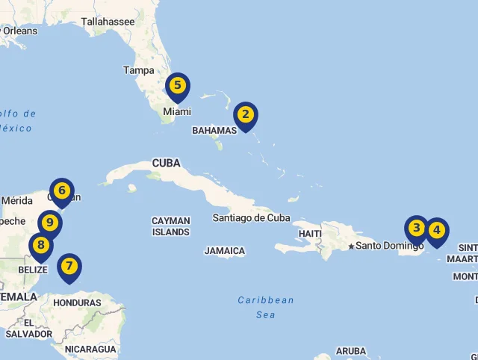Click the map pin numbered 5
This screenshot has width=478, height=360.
(178, 86)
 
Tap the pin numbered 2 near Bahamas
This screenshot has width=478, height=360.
(245, 116)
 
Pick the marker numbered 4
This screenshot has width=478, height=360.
(436, 231)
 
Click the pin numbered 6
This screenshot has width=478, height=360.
(62, 191)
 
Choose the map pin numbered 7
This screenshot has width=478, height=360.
(69, 266)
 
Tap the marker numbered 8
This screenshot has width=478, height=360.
(40, 245)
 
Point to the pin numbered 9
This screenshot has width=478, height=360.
(50, 223)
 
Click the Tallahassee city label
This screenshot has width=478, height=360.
(108, 22)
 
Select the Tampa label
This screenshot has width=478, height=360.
(138, 70)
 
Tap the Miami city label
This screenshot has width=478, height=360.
(177, 111)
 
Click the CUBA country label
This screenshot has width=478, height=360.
(166, 163)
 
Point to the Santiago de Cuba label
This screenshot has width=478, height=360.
(251, 218)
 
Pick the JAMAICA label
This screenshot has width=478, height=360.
(224, 251)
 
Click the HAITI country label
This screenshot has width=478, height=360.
(310, 233)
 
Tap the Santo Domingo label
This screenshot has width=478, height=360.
(389, 245)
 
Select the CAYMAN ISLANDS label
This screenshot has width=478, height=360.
(170, 226)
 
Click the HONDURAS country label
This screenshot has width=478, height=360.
(77, 302)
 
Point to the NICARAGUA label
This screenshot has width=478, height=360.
(90, 349)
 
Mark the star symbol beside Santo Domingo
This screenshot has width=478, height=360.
(350, 246)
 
